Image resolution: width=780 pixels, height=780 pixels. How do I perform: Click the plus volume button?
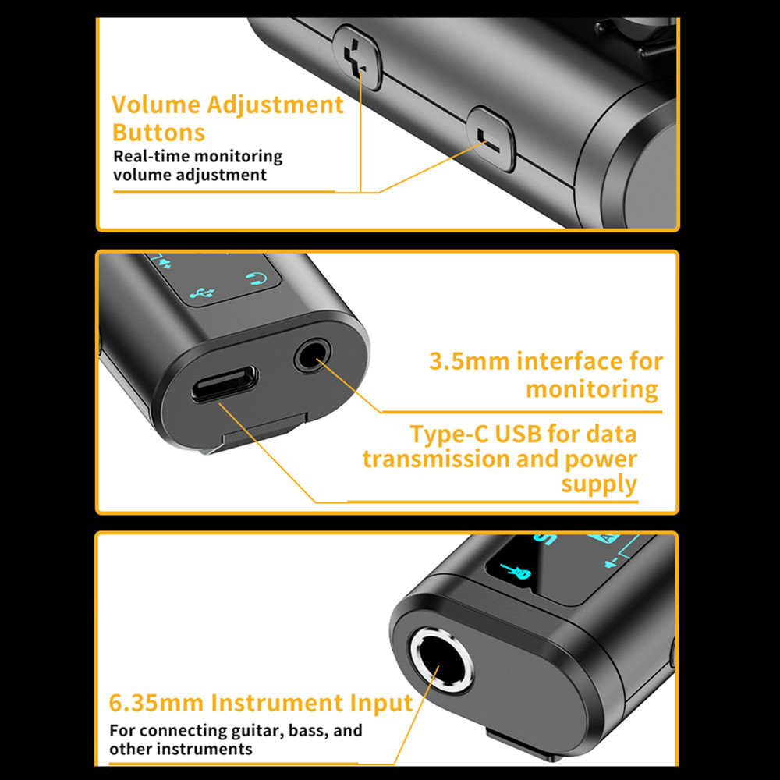(357, 58)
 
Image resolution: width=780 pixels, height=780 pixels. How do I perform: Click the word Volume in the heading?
(156, 105)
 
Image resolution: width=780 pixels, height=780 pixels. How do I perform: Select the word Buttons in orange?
(158, 133)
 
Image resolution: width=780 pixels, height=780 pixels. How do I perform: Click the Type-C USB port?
(225, 384)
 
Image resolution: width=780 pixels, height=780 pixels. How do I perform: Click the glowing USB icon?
(202, 293)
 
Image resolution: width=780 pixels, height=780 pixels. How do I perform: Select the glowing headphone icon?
(257, 278)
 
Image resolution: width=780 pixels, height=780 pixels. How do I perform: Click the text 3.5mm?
(469, 361)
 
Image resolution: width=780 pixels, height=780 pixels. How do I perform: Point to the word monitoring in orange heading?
(592, 389)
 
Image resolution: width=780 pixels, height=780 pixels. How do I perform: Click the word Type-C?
(449, 434)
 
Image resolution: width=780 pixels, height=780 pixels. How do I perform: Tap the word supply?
(599, 484)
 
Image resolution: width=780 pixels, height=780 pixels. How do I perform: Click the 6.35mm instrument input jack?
(441, 660)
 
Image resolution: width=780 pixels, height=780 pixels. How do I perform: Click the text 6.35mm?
(156, 703)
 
